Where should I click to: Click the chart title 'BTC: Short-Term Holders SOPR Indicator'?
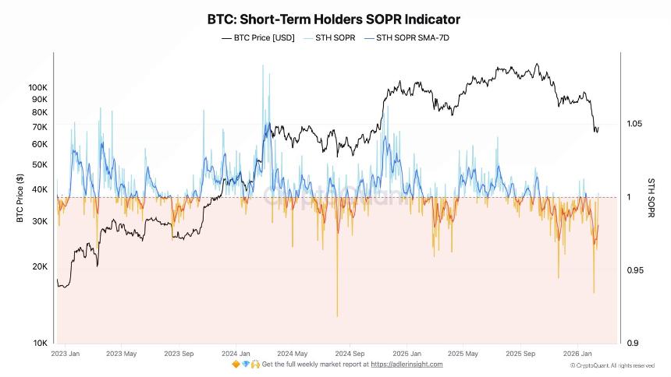tap(333, 18)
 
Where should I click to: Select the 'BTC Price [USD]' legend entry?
tap(258, 37)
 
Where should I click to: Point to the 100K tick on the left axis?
tap(37, 87)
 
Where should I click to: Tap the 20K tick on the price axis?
tap(40, 266)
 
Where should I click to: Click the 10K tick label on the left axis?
tap(40, 344)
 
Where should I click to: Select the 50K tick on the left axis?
tap(40, 164)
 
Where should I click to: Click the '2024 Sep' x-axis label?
tap(348, 353)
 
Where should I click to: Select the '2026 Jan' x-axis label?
tap(577, 353)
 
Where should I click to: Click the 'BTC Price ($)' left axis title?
tap(20, 197)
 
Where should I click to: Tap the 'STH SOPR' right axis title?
tap(651, 197)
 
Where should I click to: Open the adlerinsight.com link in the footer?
tap(406, 365)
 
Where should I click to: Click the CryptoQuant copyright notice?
tap(612, 365)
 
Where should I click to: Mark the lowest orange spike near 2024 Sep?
tap(337, 315)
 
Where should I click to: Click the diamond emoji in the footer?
tap(245, 365)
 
